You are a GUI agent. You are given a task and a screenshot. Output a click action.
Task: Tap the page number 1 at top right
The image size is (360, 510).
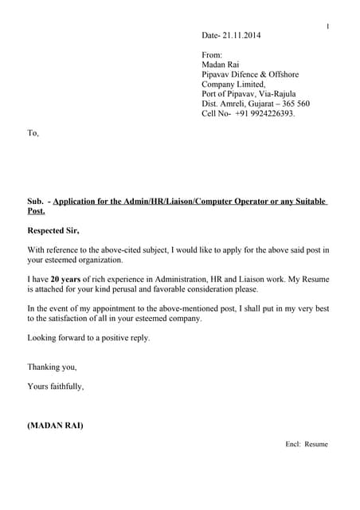(327, 27)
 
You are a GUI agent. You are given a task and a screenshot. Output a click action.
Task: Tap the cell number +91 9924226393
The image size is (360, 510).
(264, 114)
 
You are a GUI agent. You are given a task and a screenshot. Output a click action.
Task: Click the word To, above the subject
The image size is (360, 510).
(33, 133)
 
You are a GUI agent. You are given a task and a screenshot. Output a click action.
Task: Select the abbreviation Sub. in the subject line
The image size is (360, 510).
(37, 202)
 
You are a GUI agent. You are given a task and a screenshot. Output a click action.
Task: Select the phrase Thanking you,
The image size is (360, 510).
(53, 367)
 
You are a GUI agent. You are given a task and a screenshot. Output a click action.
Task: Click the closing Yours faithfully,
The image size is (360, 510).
(56, 386)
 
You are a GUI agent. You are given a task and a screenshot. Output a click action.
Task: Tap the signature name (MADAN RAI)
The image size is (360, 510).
(55, 426)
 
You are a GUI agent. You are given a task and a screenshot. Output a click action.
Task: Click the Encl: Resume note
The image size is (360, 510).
(307, 444)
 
